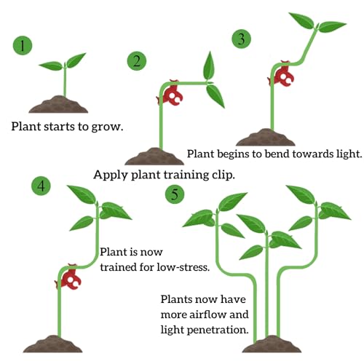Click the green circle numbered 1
click(x=23, y=45)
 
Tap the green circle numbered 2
click(x=137, y=60)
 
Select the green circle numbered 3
click(x=241, y=39)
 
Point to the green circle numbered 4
click(x=41, y=186)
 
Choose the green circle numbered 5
click(x=175, y=194)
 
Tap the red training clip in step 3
click(x=282, y=75)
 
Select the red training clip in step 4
click(x=69, y=279)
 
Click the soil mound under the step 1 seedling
click(x=58, y=104)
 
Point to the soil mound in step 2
click(x=154, y=157)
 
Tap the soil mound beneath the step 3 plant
click(x=266, y=138)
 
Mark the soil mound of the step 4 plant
click(x=53, y=344)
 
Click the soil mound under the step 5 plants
click(x=272, y=344)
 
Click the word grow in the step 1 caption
click(x=107, y=127)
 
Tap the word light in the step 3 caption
click(x=349, y=154)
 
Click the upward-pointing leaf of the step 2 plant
click(x=209, y=66)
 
